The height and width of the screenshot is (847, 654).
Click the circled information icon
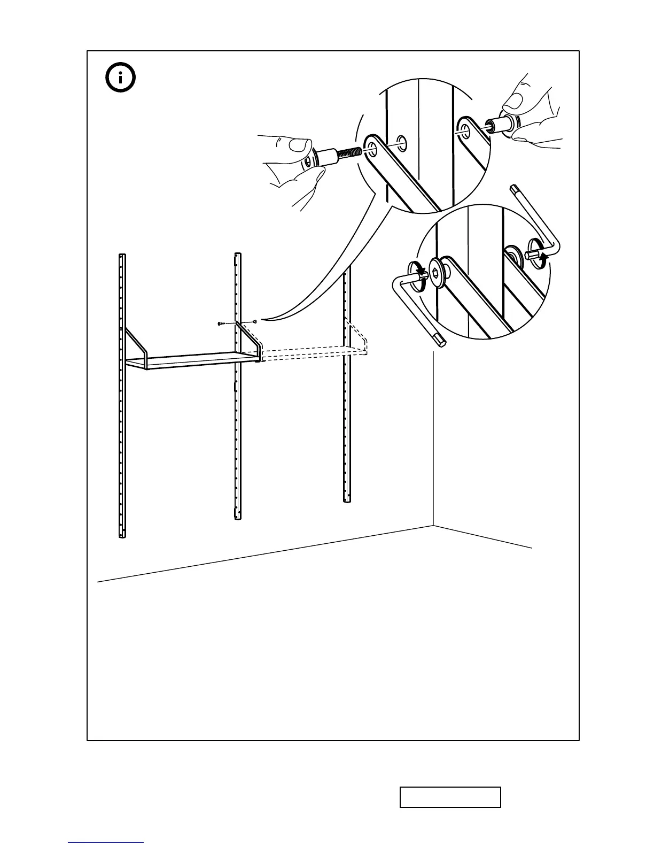120,78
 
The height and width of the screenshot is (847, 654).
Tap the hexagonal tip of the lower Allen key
441,340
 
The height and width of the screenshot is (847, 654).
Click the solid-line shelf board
192,360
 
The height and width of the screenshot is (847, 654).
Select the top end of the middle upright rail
237,255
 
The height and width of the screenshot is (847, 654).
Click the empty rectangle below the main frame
450,797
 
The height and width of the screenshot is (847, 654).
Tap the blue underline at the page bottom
106,843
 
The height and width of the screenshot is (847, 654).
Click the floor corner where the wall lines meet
433,526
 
